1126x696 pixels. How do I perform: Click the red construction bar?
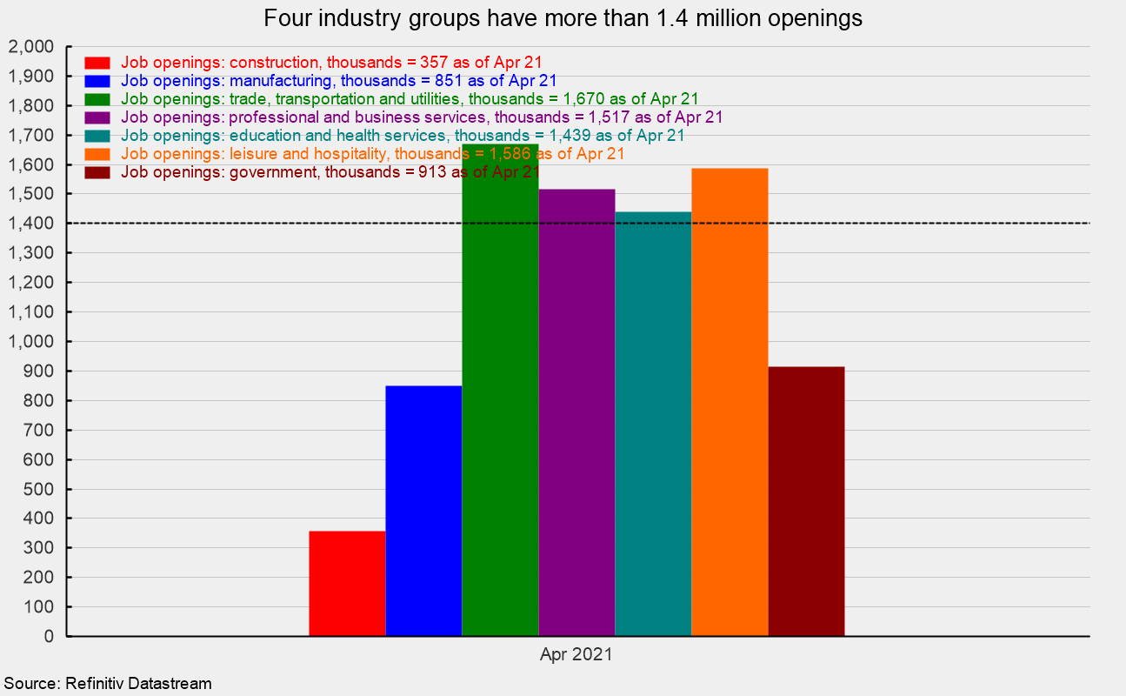click(347, 583)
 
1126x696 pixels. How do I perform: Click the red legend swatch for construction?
click(97, 63)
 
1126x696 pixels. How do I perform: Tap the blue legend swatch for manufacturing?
click(97, 81)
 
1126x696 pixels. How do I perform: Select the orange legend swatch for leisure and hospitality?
click(97, 154)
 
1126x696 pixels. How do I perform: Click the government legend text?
click(330, 172)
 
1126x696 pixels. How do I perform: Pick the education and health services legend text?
click(403, 136)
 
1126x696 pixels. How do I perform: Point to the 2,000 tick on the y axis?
click(30, 47)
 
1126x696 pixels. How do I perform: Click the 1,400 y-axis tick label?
click(30, 224)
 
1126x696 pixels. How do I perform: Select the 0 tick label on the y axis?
click(49, 637)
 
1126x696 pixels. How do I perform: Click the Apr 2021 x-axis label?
click(576, 655)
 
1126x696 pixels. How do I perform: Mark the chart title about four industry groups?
click(563, 18)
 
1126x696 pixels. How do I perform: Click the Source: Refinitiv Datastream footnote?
click(108, 684)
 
